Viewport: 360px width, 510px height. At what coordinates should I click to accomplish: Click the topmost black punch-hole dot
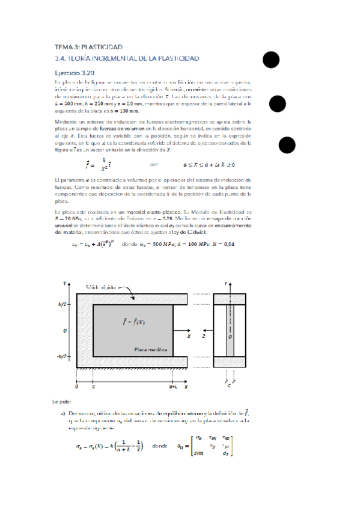pos(270,60)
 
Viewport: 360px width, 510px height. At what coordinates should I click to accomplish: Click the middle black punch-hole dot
pos(278,103)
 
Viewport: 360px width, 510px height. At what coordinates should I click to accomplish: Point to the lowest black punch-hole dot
pos(287,146)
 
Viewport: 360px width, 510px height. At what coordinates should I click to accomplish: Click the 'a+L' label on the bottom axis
pos(173,388)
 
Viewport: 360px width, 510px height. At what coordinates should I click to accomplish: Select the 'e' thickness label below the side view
pos(229,386)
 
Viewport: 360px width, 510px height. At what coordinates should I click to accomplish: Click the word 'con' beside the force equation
pos(153,164)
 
